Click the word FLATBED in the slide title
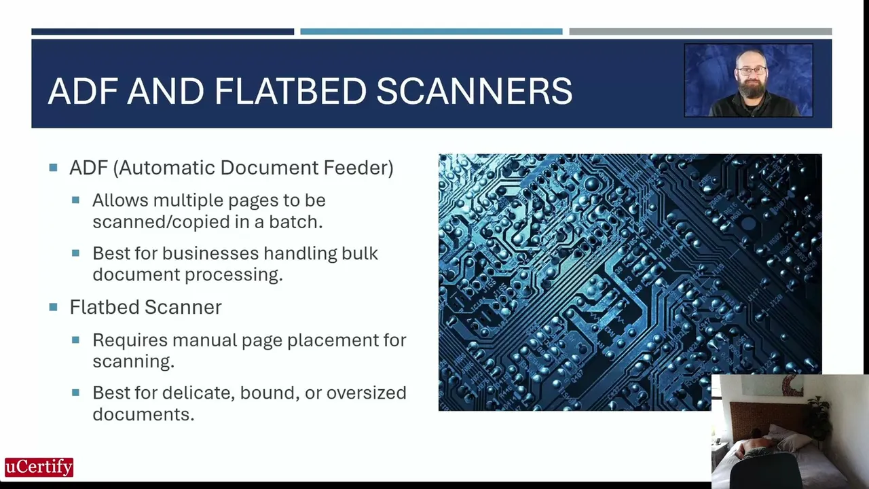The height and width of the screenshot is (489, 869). point(290,91)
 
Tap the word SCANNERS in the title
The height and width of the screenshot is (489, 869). point(475,91)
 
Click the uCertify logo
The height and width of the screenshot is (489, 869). point(39,467)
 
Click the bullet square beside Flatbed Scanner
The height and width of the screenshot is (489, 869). point(53,308)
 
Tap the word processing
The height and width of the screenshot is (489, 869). point(234,275)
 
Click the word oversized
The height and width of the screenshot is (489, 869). point(366,393)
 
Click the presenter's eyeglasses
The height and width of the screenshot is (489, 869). point(751,71)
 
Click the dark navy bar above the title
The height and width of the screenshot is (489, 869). point(162,31)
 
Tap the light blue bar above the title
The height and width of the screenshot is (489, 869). point(431,31)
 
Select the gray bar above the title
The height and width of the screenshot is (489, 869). point(701,31)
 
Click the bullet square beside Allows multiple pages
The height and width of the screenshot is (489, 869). point(75,200)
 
